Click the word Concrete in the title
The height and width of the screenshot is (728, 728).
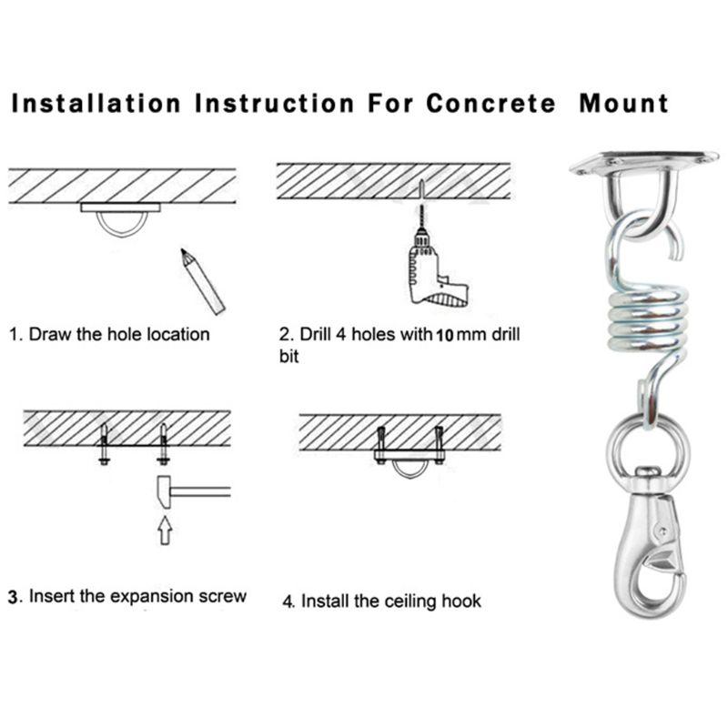pyautogui.click(x=490, y=103)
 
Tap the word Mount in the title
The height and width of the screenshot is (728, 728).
pyautogui.click(x=624, y=103)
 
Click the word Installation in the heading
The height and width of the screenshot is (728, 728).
pyautogui.click(x=96, y=103)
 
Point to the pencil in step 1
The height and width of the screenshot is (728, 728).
pyautogui.click(x=202, y=281)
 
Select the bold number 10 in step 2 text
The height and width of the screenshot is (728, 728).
pyautogui.click(x=444, y=335)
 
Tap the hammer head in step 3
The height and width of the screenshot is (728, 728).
pyautogui.click(x=164, y=492)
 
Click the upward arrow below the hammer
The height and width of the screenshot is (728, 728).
pyautogui.click(x=165, y=531)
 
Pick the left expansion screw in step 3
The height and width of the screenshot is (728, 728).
pyautogui.click(x=104, y=444)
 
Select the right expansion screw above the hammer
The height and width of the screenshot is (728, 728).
pyautogui.click(x=163, y=444)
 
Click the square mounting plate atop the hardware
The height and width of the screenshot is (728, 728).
pyautogui.click(x=644, y=163)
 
